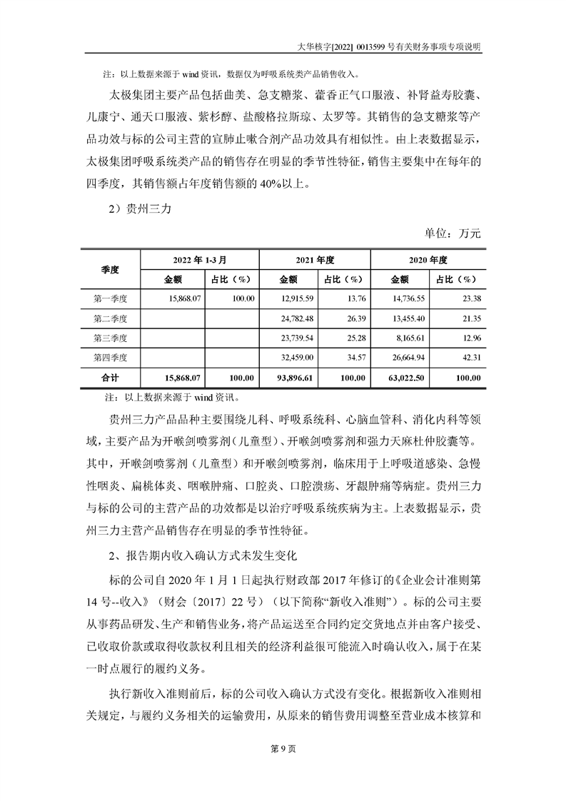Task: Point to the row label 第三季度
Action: pos(110,337)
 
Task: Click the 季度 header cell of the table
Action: pos(110,269)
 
